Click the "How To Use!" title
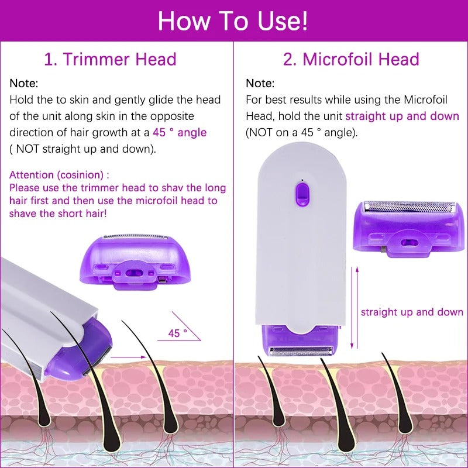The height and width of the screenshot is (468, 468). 233,21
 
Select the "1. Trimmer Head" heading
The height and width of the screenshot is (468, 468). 111,59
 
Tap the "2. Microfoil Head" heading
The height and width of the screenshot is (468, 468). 351,59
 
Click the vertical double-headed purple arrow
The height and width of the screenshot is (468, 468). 353,307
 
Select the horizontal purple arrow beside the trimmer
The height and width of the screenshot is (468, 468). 128,356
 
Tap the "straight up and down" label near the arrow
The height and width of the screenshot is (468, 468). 412,312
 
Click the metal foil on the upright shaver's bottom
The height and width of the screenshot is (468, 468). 302,351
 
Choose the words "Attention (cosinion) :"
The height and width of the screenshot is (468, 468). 59,174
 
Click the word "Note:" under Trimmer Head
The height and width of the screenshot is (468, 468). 24,84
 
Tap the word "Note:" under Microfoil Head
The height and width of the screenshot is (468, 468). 260,84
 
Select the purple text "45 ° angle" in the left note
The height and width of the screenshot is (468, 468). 180,133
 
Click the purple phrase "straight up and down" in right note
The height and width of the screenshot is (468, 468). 402,116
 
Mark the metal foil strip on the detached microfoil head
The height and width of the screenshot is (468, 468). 409,207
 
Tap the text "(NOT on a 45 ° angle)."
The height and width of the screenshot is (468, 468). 301,133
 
